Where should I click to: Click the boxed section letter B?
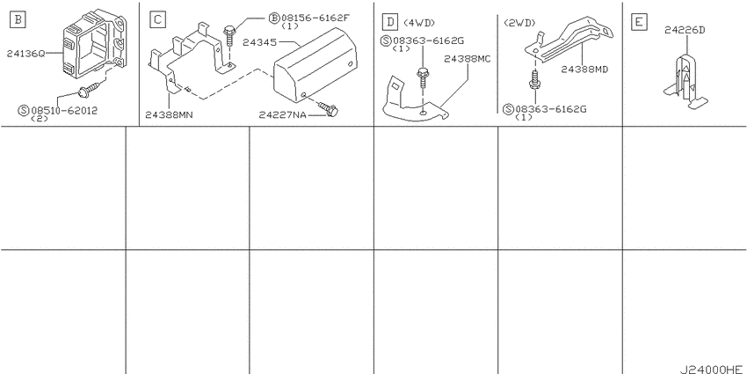click(x=18, y=19)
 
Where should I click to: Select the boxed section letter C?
click(x=157, y=19)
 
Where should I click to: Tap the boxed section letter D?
click(x=390, y=22)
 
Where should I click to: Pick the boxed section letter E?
click(x=638, y=22)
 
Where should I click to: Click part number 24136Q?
click(x=25, y=54)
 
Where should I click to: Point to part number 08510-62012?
click(x=64, y=111)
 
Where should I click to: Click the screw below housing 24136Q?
click(x=88, y=89)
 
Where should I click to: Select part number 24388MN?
click(x=169, y=115)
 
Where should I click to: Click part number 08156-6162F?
click(x=315, y=18)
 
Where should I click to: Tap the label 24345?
click(x=259, y=42)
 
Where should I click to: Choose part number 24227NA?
click(x=282, y=115)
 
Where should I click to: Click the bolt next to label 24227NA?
click(x=327, y=109)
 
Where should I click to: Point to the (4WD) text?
click(x=419, y=22)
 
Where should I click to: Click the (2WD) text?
click(x=519, y=22)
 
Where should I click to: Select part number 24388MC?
click(x=468, y=59)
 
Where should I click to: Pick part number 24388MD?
click(x=584, y=70)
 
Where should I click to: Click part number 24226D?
click(x=685, y=31)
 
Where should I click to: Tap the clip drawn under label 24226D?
click(x=686, y=81)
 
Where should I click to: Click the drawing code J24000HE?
click(x=711, y=370)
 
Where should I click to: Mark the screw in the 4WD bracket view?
click(x=423, y=79)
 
